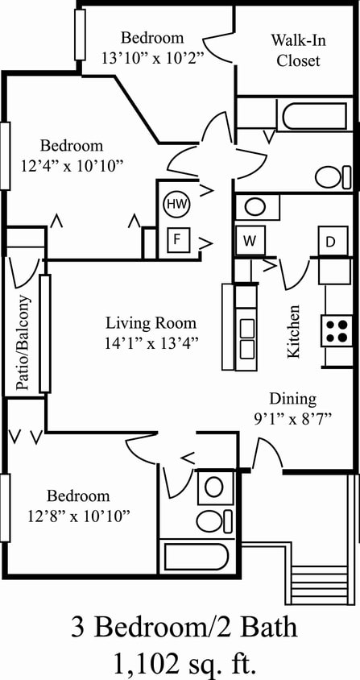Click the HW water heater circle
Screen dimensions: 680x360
point(175,205)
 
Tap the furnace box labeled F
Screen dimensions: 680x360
point(175,239)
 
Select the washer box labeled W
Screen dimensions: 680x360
point(249,240)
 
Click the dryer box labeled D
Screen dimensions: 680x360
point(331,241)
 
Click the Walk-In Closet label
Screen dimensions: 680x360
point(297,50)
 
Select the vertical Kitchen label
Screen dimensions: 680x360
point(295,331)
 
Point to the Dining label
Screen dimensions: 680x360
point(292,398)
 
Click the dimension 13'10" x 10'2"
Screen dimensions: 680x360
point(152,58)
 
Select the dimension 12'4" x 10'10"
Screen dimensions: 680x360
point(72,166)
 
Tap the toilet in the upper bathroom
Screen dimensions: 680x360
point(332,176)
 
